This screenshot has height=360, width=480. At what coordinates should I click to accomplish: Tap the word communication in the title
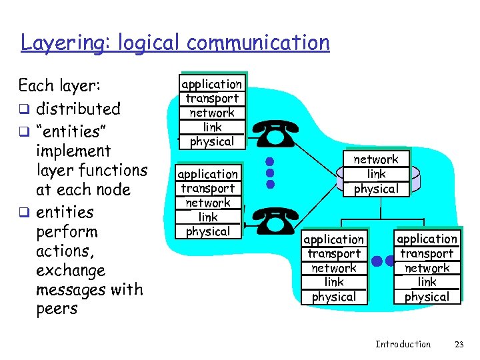tap(258, 43)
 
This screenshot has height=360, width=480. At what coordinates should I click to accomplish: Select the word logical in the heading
tap(149, 43)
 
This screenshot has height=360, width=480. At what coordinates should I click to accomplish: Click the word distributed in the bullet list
tap(78, 109)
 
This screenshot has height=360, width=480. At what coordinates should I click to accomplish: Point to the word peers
tap(57, 309)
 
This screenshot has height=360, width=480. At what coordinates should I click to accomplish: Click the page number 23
tap(458, 344)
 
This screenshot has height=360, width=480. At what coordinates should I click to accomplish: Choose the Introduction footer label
tap(403, 344)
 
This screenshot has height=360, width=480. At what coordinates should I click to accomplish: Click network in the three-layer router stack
tap(375, 159)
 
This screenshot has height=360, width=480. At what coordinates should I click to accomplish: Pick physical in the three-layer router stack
tap(375, 189)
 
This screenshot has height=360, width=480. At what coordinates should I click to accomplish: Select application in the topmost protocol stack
tap(212, 84)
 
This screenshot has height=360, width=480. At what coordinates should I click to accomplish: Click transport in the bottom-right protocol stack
tap(427, 253)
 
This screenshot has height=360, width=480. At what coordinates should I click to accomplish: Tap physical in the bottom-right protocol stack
tap(427, 297)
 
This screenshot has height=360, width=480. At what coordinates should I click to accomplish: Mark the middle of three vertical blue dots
tap(270, 172)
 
